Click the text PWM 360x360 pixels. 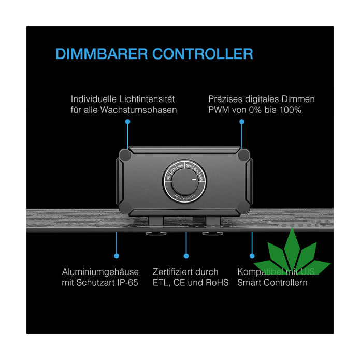218,110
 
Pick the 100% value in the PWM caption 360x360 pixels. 291,110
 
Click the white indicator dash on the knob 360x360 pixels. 193,180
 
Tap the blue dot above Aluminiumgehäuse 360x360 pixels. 117,256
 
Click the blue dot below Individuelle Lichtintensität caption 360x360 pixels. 128,121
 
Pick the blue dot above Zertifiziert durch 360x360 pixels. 186,256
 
